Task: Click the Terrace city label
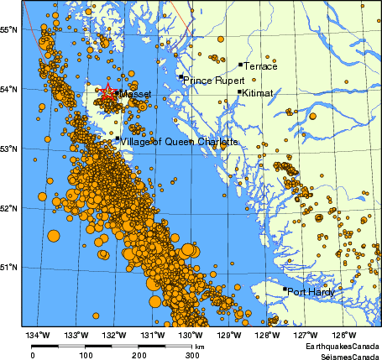[x=260, y=65]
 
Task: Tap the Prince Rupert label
[x=211, y=81]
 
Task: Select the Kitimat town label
[x=258, y=93]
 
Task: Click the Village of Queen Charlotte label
[x=179, y=142]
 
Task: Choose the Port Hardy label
[x=311, y=292]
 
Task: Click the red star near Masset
[x=107, y=92]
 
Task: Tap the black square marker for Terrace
[x=240, y=64]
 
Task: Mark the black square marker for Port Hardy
[x=285, y=290]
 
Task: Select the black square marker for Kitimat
[x=239, y=92]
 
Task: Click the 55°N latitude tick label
[x=10, y=30]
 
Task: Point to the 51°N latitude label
[x=10, y=268]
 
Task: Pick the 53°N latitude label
[x=10, y=149]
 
